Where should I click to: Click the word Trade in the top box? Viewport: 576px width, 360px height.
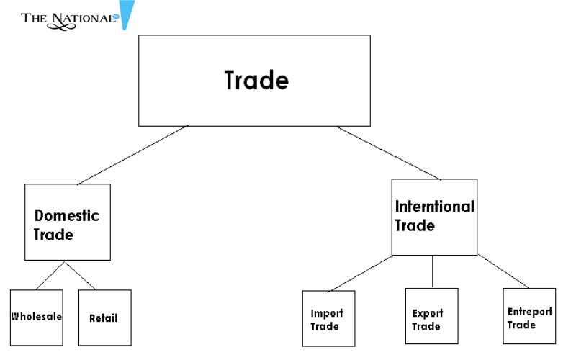(256, 80)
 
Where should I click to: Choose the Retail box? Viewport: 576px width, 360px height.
(104, 318)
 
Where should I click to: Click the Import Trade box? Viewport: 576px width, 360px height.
(328, 318)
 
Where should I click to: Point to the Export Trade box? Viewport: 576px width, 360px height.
(432, 318)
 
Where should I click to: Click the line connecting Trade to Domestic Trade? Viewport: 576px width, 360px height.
(133, 154)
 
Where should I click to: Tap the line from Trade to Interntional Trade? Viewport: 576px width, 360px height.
(389, 153)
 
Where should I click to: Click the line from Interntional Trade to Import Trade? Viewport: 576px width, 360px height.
(360, 274)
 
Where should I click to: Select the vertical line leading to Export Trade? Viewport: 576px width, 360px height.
(432, 271)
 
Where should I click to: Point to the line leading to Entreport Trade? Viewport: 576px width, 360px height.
(504, 271)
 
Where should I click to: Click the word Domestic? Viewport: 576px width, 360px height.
(67, 215)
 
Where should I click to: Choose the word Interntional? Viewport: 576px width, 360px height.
(434, 207)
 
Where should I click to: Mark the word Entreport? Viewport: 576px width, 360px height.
(529, 311)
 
